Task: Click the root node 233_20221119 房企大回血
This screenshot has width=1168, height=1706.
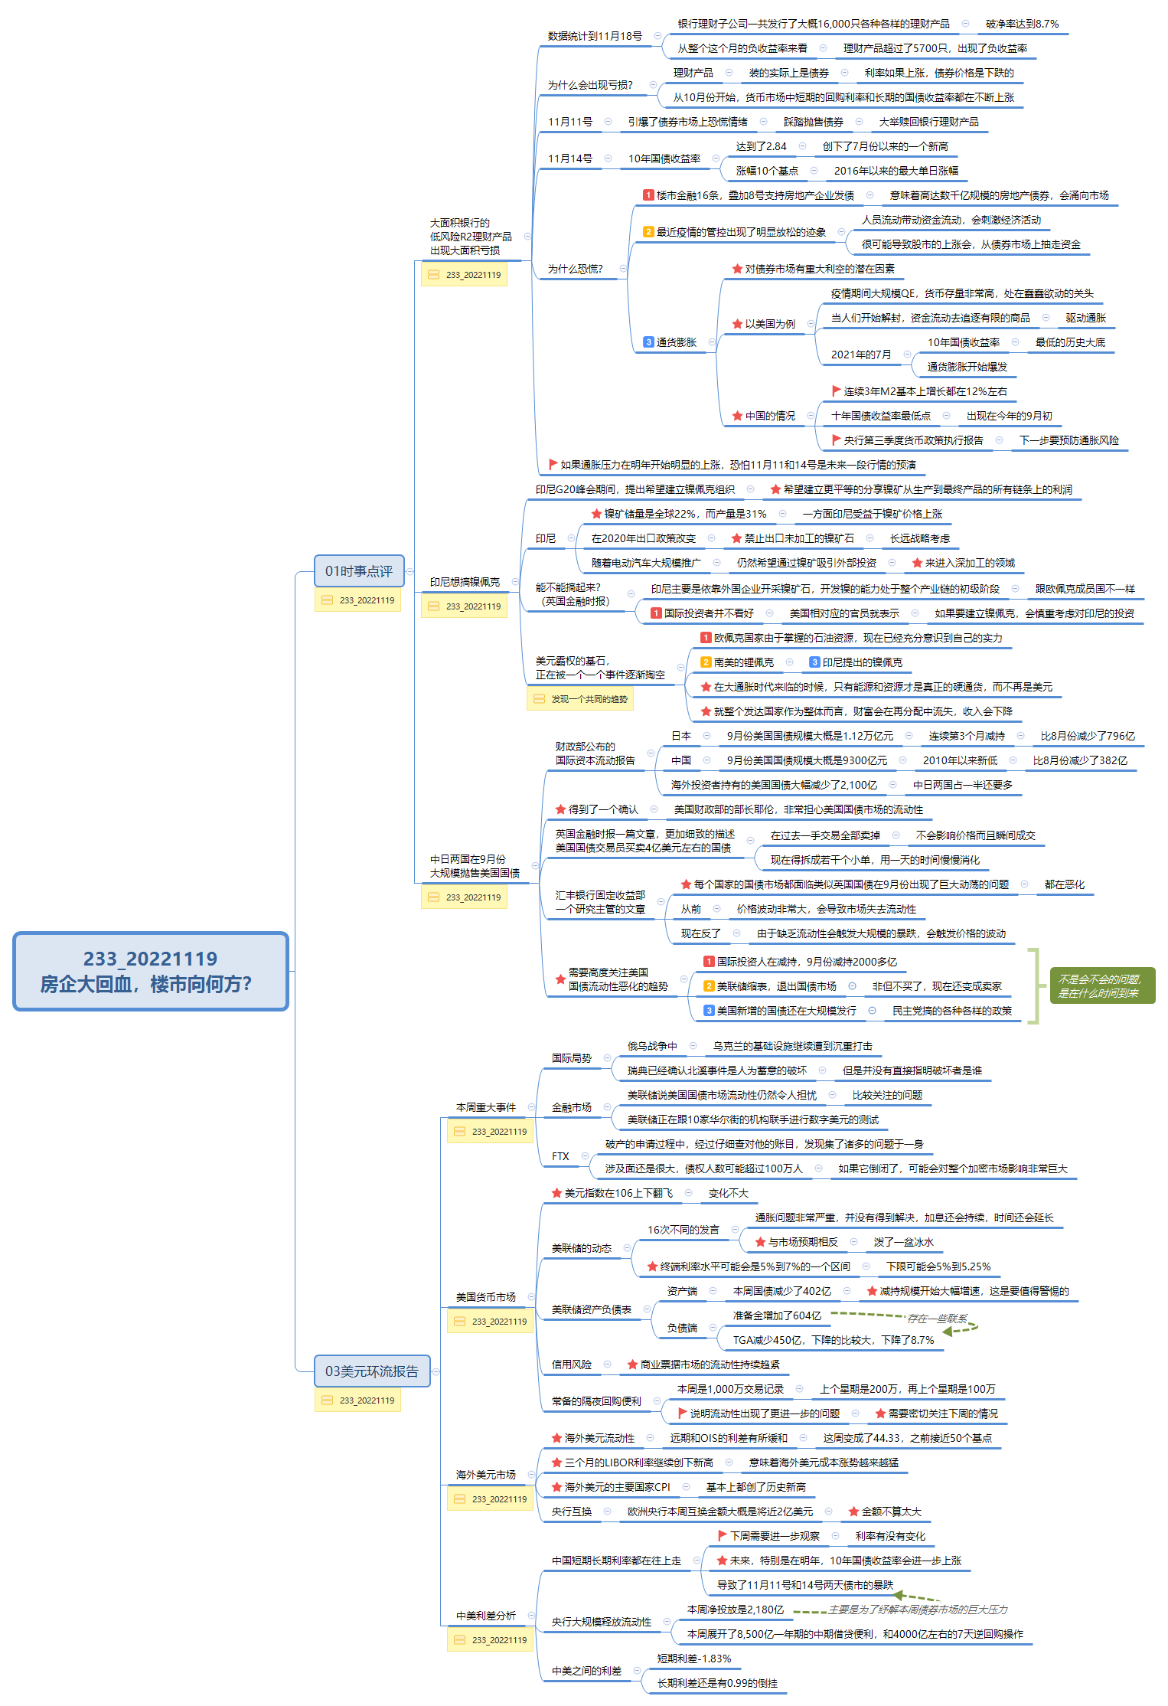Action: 150,970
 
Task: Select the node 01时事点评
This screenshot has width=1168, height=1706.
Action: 358,571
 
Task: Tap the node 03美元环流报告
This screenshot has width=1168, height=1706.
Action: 372,1371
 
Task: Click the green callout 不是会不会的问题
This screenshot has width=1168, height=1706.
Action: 1101,985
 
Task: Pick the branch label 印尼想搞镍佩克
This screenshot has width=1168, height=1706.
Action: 465,582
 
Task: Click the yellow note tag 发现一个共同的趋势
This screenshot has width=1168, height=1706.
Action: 580,699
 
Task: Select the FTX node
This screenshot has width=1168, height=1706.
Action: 560,1156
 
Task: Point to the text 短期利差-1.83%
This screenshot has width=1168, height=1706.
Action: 693,1659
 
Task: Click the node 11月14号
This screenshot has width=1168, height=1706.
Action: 569,159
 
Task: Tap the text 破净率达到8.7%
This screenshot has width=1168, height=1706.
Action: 1022,24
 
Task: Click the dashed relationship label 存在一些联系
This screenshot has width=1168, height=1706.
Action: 937,1319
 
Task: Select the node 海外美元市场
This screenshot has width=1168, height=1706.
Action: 485,1475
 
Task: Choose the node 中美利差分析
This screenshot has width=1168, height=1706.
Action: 485,1616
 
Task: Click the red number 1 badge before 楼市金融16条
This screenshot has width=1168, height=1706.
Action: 648,195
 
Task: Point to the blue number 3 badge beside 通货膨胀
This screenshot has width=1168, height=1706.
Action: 648,342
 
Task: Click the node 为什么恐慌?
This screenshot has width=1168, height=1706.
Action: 575,269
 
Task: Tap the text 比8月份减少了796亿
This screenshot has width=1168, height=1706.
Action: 1087,736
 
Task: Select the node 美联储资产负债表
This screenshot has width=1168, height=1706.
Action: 591,1309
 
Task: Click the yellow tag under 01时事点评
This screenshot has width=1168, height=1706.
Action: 358,600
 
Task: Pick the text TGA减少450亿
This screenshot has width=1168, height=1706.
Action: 833,1340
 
